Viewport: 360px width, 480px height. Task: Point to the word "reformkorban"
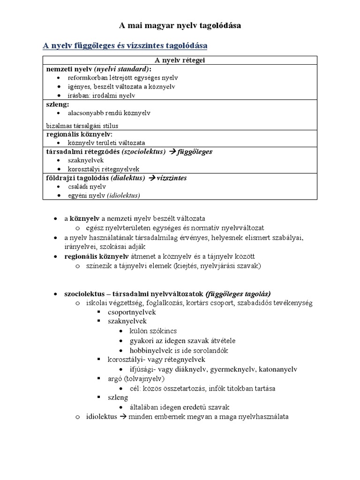tap(86, 78)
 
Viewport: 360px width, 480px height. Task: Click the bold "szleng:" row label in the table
tap(58, 104)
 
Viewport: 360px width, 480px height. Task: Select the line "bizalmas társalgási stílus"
tap(82, 125)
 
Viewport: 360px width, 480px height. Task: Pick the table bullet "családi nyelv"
tap(87, 187)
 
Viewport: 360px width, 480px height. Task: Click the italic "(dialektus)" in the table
tap(127, 178)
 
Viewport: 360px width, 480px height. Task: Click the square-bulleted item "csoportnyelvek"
tap(132, 312)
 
